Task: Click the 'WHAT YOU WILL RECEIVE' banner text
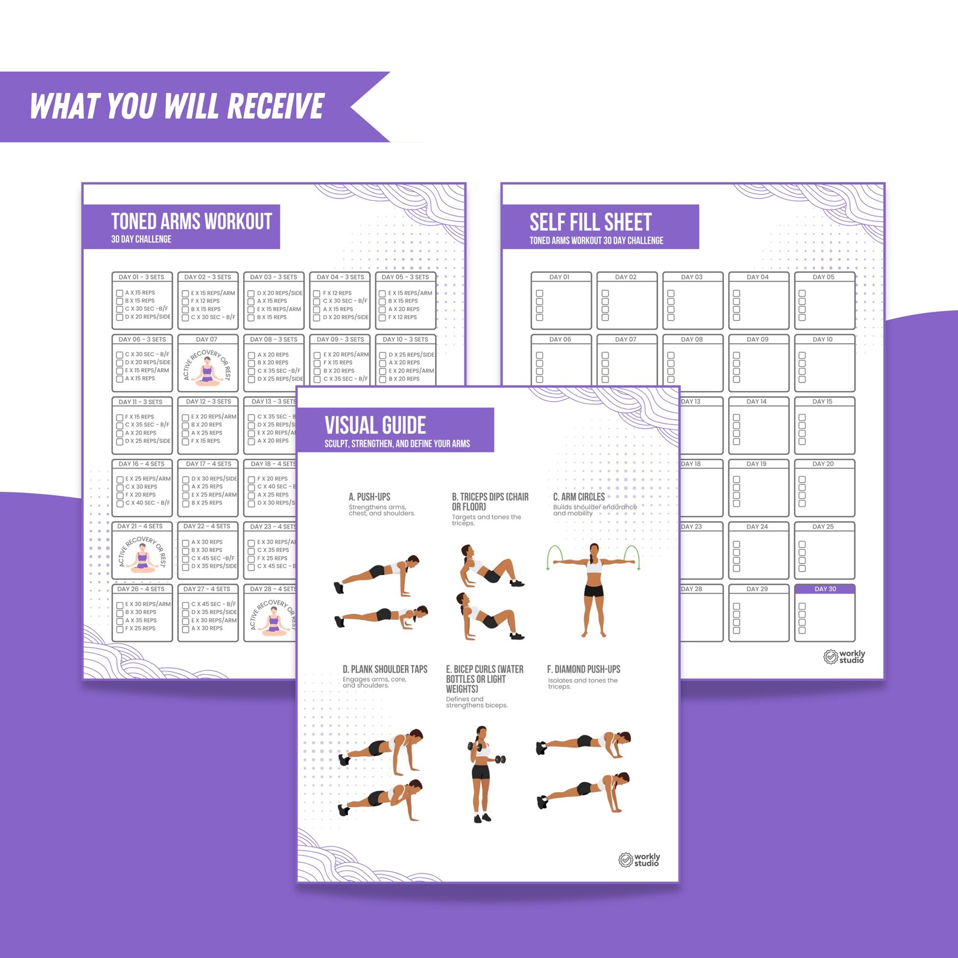tap(177, 107)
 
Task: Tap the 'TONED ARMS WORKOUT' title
tap(191, 221)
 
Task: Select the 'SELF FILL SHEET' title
tap(590, 222)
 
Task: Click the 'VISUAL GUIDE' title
tap(375, 425)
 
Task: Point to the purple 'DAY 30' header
tap(825, 589)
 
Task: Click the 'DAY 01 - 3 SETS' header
tap(141, 277)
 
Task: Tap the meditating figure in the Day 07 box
tap(208, 370)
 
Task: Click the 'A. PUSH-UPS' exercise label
tap(369, 496)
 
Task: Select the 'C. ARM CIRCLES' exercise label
tap(579, 496)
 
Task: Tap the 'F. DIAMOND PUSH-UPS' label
tap(583, 669)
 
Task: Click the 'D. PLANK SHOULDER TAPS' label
tap(385, 669)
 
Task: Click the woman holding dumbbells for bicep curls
tap(482, 774)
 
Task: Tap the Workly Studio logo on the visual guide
tap(639, 860)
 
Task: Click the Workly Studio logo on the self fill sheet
tap(844, 656)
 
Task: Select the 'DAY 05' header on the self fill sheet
tap(823, 277)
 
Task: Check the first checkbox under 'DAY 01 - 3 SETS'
tap(119, 293)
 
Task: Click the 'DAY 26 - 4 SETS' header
tap(141, 589)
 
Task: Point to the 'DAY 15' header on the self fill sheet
tap(822, 401)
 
